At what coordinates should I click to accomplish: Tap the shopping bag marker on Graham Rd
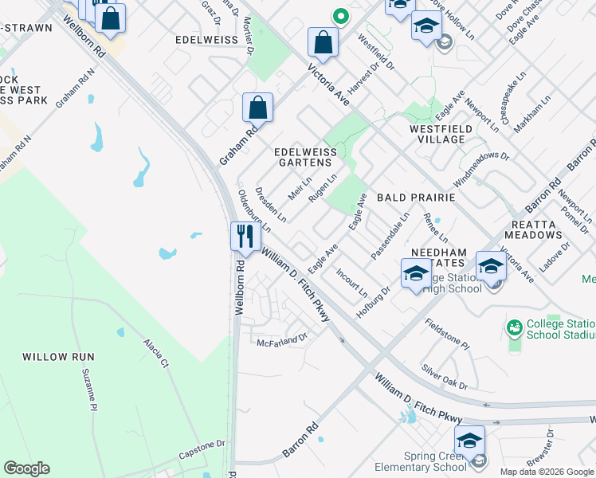pos(257,107)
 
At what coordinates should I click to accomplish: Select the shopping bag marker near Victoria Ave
pos(323,42)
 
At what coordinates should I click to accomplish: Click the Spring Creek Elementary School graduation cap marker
pos(469,440)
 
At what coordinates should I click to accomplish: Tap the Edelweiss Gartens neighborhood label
pos(302,156)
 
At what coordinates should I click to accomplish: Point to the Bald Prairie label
pos(415,197)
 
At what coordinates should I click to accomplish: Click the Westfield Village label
pos(437,133)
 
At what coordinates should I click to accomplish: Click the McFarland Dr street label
pos(281,340)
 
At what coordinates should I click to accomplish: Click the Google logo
pos(26,468)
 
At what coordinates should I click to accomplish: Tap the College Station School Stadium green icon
pos(515,326)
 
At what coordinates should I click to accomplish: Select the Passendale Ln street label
pos(390,235)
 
